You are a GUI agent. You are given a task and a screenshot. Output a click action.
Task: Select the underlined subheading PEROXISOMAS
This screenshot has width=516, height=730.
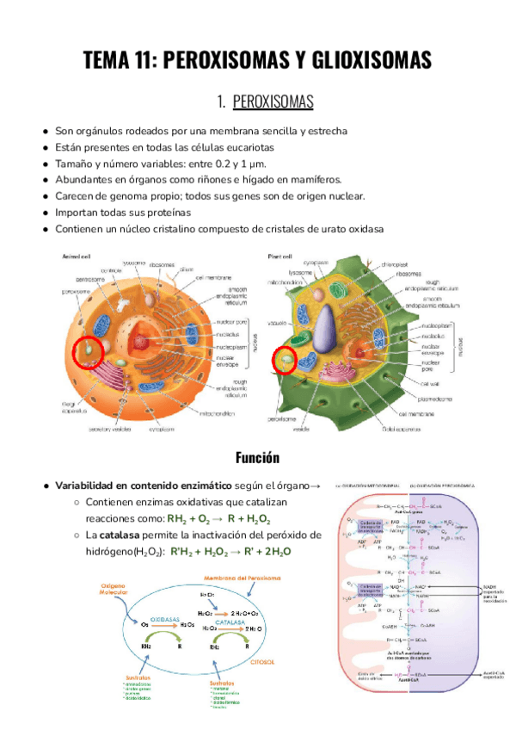(273, 103)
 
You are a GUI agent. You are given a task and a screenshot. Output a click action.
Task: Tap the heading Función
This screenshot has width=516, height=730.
(258, 456)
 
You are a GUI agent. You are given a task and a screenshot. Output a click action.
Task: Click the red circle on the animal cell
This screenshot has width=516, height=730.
(88, 352)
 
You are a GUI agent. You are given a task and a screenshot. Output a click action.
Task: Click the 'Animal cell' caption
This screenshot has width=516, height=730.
(77, 257)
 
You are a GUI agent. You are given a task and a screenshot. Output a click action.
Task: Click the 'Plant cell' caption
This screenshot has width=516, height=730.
(280, 257)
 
